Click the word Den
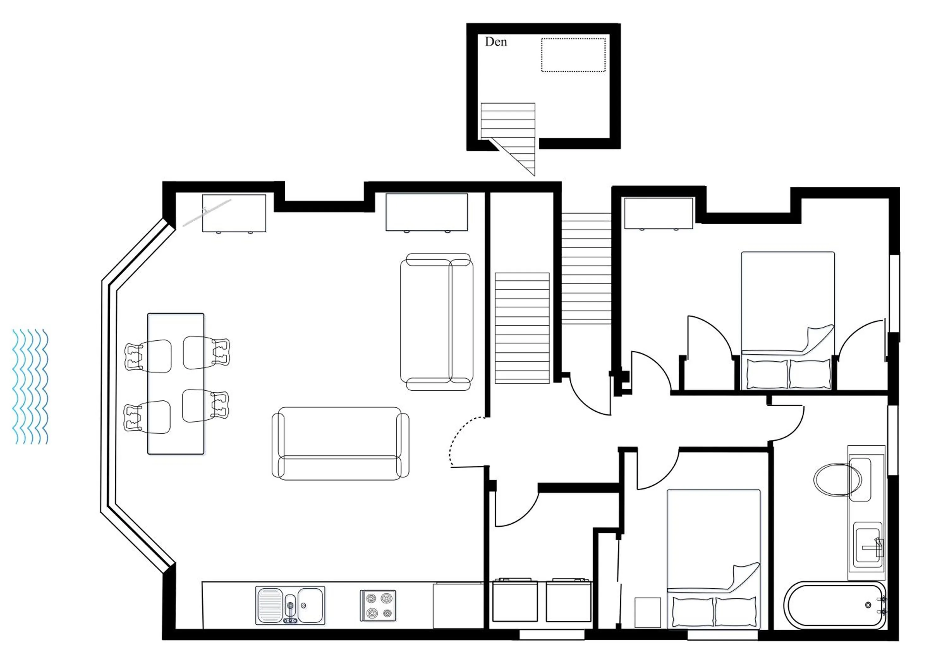(x=495, y=42)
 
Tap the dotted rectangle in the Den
(x=573, y=55)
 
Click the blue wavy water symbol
(x=30, y=386)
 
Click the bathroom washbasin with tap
(x=867, y=547)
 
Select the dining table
(x=175, y=384)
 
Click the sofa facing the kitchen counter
(x=340, y=443)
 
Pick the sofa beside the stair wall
(x=436, y=322)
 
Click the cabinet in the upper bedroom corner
(x=658, y=213)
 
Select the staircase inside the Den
(x=508, y=121)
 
